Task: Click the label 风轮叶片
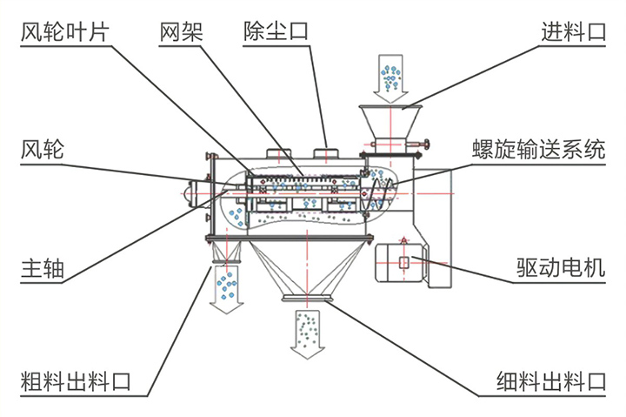[x=64, y=33]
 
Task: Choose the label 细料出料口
[x=550, y=380]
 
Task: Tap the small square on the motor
[x=404, y=263]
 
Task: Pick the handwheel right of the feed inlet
[x=426, y=145]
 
